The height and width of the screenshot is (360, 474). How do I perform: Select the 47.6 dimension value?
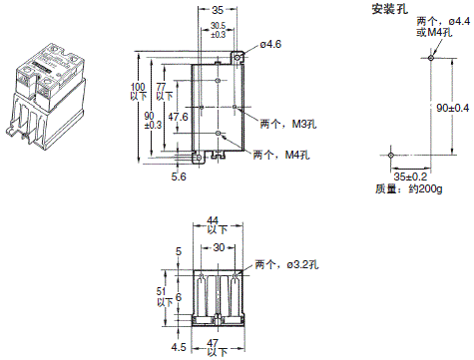[x=177, y=116]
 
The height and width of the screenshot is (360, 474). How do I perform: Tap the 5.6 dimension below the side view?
[x=179, y=176]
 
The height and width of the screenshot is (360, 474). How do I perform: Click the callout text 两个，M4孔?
[x=279, y=155]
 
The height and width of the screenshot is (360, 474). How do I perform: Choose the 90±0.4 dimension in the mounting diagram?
[x=453, y=107]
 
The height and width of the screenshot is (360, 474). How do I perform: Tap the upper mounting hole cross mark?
[x=429, y=58]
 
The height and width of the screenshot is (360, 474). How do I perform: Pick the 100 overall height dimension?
[x=138, y=89]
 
